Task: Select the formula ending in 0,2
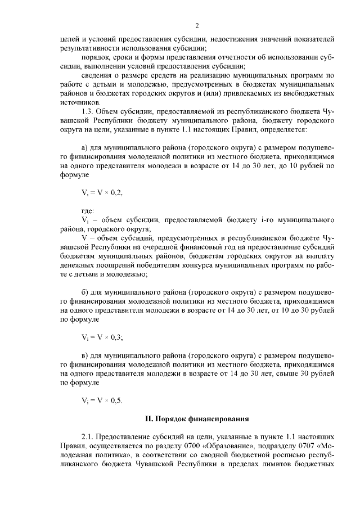(x=102, y=192)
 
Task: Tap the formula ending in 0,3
(x=102, y=337)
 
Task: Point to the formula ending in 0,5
(x=102, y=400)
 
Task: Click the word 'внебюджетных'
(x=309, y=93)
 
